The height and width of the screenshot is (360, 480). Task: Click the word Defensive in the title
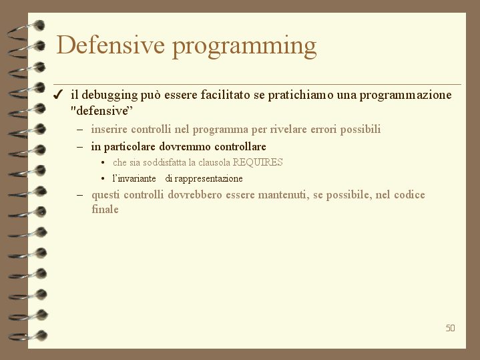[x=111, y=45]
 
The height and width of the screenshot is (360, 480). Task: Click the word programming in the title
[x=244, y=47]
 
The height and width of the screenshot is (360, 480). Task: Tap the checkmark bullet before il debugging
[x=57, y=95]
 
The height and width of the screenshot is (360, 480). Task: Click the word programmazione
[x=405, y=96]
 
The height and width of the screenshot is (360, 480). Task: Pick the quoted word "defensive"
[x=102, y=111]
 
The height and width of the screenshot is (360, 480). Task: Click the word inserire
[x=109, y=129]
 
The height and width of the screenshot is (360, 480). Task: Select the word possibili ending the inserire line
[x=361, y=130]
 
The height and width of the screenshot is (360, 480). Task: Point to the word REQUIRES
[x=258, y=162]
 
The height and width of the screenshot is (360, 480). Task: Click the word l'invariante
[x=134, y=178]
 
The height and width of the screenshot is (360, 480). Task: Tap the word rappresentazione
[x=208, y=178]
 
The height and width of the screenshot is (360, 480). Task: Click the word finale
[x=105, y=209]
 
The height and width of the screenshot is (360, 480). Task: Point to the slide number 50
[x=451, y=328]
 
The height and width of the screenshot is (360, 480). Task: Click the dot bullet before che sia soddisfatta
[x=103, y=162]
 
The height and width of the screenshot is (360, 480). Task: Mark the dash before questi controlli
[x=80, y=195]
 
